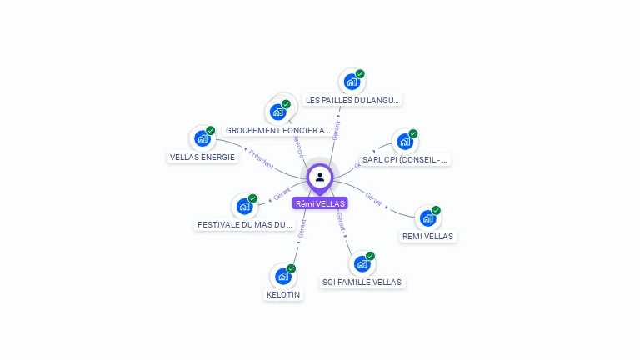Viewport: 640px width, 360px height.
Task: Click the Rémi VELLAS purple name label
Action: click(320, 203)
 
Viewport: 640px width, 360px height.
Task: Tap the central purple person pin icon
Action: click(320, 177)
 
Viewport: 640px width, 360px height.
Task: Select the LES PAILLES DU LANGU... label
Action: click(352, 100)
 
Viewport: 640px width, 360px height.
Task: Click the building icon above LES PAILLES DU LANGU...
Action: click(352, 82)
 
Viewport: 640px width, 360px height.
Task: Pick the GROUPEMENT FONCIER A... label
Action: click(278, 131)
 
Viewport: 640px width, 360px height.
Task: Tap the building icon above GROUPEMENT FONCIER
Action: click(277, 112)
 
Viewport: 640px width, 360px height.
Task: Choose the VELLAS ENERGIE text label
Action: click(202, 157)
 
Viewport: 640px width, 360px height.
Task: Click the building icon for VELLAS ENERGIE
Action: click(202, 138)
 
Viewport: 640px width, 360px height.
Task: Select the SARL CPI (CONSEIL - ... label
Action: click(406, 159)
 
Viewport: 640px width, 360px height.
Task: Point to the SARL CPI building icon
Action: click(404, 142)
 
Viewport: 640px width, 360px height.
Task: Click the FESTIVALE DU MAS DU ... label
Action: click(245, 224)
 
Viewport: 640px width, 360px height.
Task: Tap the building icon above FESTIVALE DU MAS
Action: click(243, 206)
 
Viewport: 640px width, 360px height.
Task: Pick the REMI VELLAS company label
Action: click(427, 236)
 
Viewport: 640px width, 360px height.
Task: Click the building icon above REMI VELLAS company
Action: click(427, 218)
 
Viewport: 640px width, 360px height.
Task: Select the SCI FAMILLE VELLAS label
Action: click(362, 282)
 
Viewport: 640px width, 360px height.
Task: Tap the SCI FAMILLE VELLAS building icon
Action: click(362, 264)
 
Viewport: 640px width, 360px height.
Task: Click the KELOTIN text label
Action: click(283, 294)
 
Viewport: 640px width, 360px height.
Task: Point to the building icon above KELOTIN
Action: click(283, 276)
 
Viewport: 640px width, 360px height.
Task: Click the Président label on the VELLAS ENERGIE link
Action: click(262, 161)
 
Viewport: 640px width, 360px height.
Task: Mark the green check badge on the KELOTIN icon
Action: click(292, 268)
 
